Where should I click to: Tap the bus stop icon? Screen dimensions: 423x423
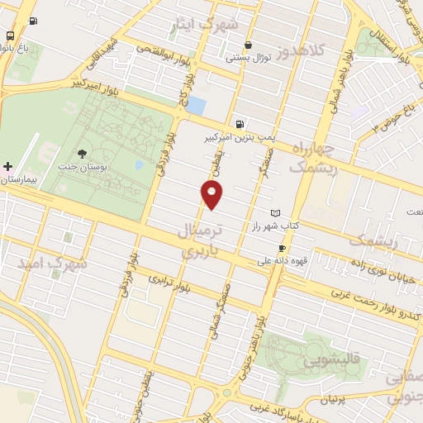coord(9,36)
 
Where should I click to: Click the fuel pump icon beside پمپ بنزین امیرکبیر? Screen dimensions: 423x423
coord(240,124)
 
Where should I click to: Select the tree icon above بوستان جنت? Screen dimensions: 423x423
coord(81,153)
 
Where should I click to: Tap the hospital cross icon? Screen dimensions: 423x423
coord(7,167)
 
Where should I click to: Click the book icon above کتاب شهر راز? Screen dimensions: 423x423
coord(275,213)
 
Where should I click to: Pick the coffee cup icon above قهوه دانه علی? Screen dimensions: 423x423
coord(282,248)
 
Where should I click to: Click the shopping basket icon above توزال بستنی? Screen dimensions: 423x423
coord(248,45)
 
